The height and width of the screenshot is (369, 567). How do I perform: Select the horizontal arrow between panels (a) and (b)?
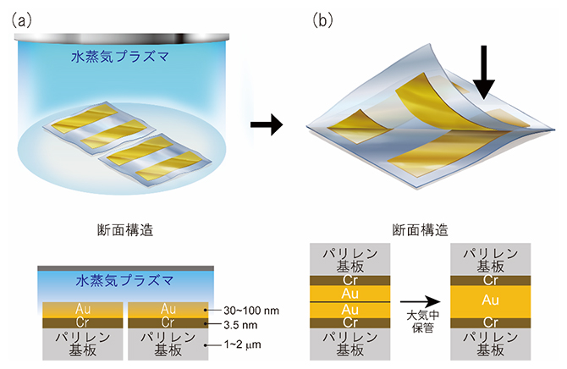pyautogui.click(x=266, y=126)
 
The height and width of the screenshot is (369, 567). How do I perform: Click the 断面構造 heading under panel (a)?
pyautogui.click(x=124, y=229)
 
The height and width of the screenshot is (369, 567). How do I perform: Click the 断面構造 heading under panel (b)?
pyautogui.click(x=420, y=229)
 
